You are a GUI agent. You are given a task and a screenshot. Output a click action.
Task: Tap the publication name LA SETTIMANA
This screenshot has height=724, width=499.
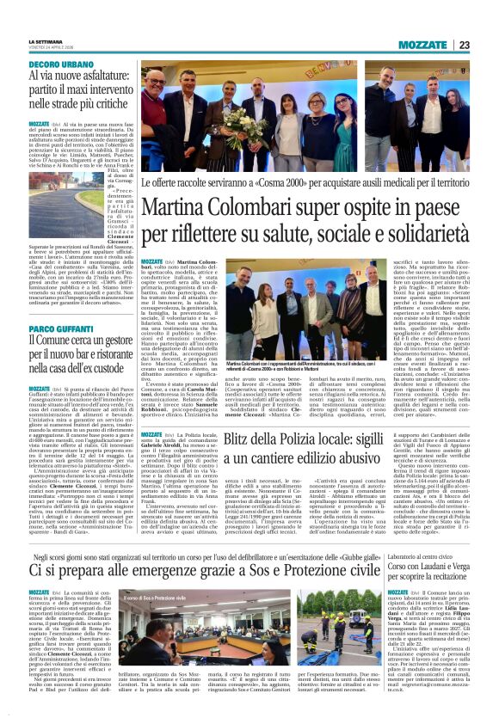pos(46,41)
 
